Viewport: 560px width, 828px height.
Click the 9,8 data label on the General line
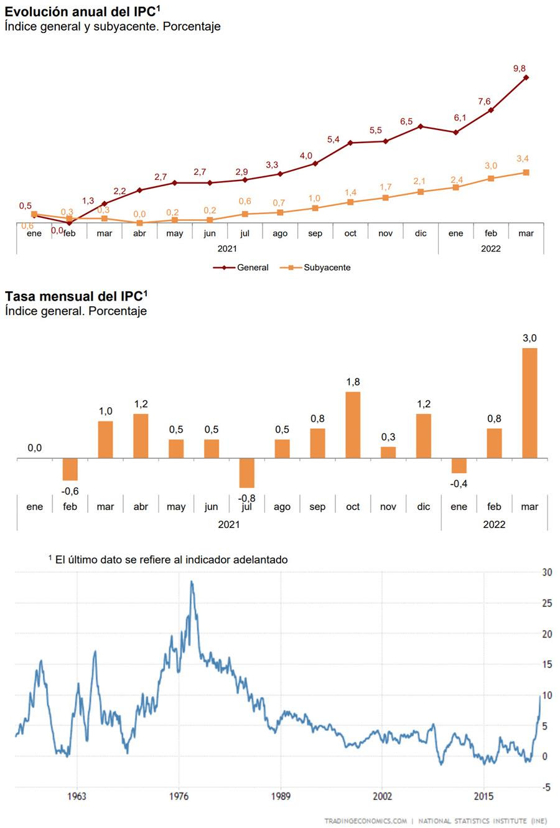coord(520,68)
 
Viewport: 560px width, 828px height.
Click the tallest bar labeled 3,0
coord(530,403)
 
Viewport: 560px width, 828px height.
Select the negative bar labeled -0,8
coord(247,473)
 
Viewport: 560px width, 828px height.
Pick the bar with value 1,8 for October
coord(353,425)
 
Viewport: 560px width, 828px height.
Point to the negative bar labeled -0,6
coord(70,469)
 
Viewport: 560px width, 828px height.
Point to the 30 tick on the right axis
coord(547,572)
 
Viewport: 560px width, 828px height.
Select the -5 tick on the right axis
coord(546,788)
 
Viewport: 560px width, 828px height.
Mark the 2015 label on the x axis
coord(484,796)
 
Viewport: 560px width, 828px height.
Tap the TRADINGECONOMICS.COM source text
coord(365,821)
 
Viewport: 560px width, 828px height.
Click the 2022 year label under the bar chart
coord(494,524)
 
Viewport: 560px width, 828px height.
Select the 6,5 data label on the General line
coord(406,121)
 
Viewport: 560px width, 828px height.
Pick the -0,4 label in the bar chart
coord(459,484)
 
